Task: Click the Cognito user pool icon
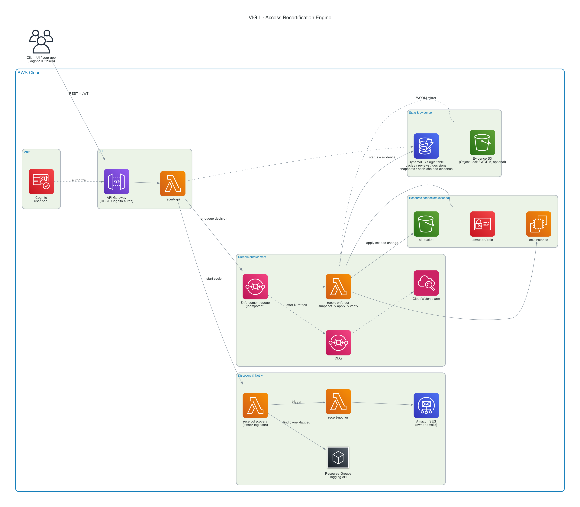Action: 41,182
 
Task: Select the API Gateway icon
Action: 116,182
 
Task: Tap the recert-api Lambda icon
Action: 173,184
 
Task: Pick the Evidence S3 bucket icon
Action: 482,143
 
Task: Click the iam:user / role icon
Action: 482,224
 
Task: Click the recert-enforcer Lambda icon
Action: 338,287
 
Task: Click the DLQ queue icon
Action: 338,343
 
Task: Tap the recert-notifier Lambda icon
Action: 338,402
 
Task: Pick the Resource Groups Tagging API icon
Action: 338,458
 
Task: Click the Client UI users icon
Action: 41,42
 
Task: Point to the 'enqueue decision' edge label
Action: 214,218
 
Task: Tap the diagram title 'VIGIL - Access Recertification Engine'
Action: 290,18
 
